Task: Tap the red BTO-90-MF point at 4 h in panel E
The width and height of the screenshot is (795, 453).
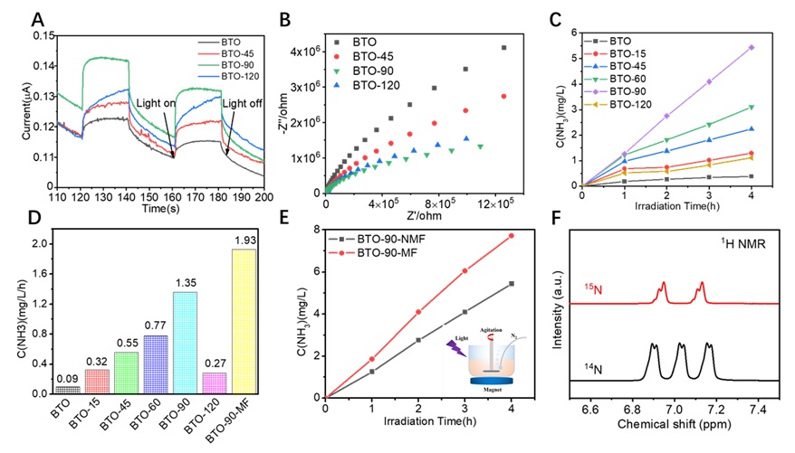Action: (x=511, y=236)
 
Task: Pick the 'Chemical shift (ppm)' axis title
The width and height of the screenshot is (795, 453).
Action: (x=674, y=425)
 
